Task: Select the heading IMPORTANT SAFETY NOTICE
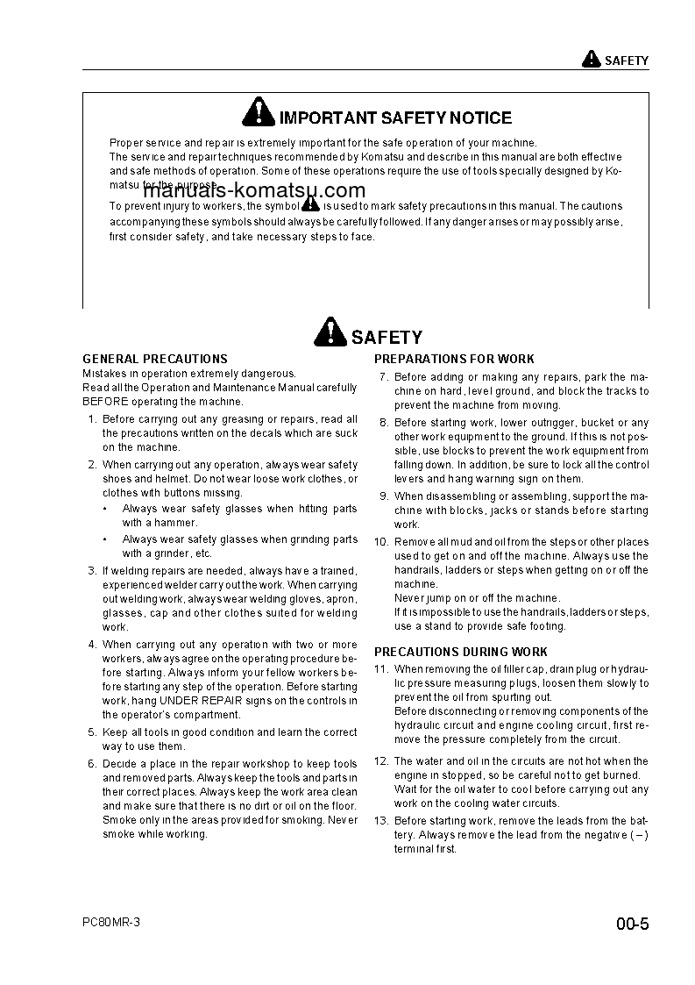coord(395,118)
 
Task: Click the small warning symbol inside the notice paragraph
coord(310,203)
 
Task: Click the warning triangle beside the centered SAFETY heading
coord(329,333)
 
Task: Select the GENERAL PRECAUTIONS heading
coord(155,359)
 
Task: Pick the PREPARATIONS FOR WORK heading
coord(454,359)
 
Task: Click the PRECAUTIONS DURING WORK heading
coord(461,652)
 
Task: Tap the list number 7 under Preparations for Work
coord(384,377)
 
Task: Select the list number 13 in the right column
coord(381,821)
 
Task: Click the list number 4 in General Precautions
coord(92,645)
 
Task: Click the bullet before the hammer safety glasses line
coord(106,509)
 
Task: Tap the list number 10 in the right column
coord(381,542)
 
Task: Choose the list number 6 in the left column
coord(92,764)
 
